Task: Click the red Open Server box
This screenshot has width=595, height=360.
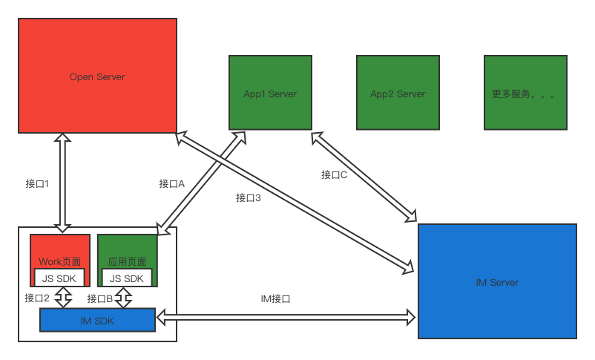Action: tap(97, 76)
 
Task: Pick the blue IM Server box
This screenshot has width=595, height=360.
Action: tap(497, 281)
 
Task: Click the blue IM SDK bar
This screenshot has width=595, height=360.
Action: tap(96, 320)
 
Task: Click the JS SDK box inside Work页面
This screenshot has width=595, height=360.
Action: tap(59, 278)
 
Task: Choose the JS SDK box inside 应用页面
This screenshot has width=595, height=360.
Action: tap(126, 278)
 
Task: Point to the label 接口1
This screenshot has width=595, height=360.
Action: tap(37, 183)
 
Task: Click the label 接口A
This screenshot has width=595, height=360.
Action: tap(171, 183)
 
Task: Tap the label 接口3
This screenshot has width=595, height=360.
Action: tap(249, 197)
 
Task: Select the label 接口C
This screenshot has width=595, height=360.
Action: tap(334, 175)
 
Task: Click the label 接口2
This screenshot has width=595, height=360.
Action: tap(37, 298)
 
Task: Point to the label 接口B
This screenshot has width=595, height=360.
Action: tap(99, 298)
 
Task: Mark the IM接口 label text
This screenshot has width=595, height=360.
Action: tap(275, 298)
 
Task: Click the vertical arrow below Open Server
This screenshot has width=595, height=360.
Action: tap(62, 183)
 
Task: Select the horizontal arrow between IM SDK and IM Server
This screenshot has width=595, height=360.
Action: tap(285, 318)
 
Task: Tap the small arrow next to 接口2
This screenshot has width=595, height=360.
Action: tap(63, 298)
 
